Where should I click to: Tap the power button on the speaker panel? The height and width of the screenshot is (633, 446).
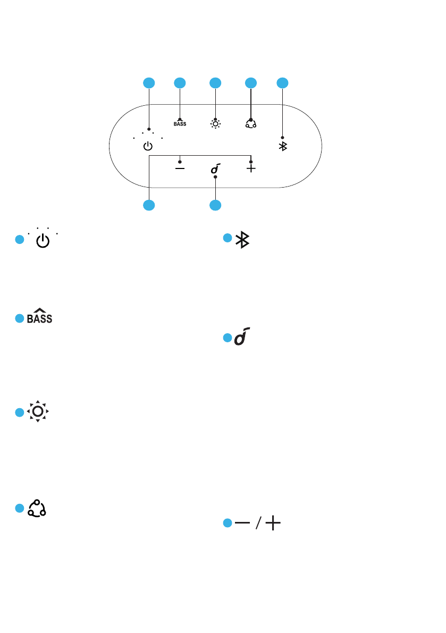(148, 146)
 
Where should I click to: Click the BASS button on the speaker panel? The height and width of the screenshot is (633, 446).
(180, 124)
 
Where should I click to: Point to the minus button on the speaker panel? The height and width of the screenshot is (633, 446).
(180, 168)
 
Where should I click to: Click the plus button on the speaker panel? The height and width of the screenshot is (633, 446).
(251, 168)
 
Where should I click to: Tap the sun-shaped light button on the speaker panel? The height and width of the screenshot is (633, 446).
(215, 124)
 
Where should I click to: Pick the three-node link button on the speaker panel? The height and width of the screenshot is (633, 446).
(250, 124)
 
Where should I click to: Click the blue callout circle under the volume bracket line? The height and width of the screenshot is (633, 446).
(149, 205)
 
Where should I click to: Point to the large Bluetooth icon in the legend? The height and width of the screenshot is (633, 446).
(243, 240)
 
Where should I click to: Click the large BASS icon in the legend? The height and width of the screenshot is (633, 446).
(40, 318)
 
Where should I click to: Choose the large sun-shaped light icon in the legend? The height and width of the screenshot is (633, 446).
(38, 411)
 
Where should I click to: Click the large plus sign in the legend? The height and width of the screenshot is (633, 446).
(273, 524)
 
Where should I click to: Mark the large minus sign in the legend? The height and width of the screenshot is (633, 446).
(243, 524)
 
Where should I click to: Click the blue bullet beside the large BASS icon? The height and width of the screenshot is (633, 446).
(19, 318)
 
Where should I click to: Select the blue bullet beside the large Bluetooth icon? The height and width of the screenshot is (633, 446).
(226, 239)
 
